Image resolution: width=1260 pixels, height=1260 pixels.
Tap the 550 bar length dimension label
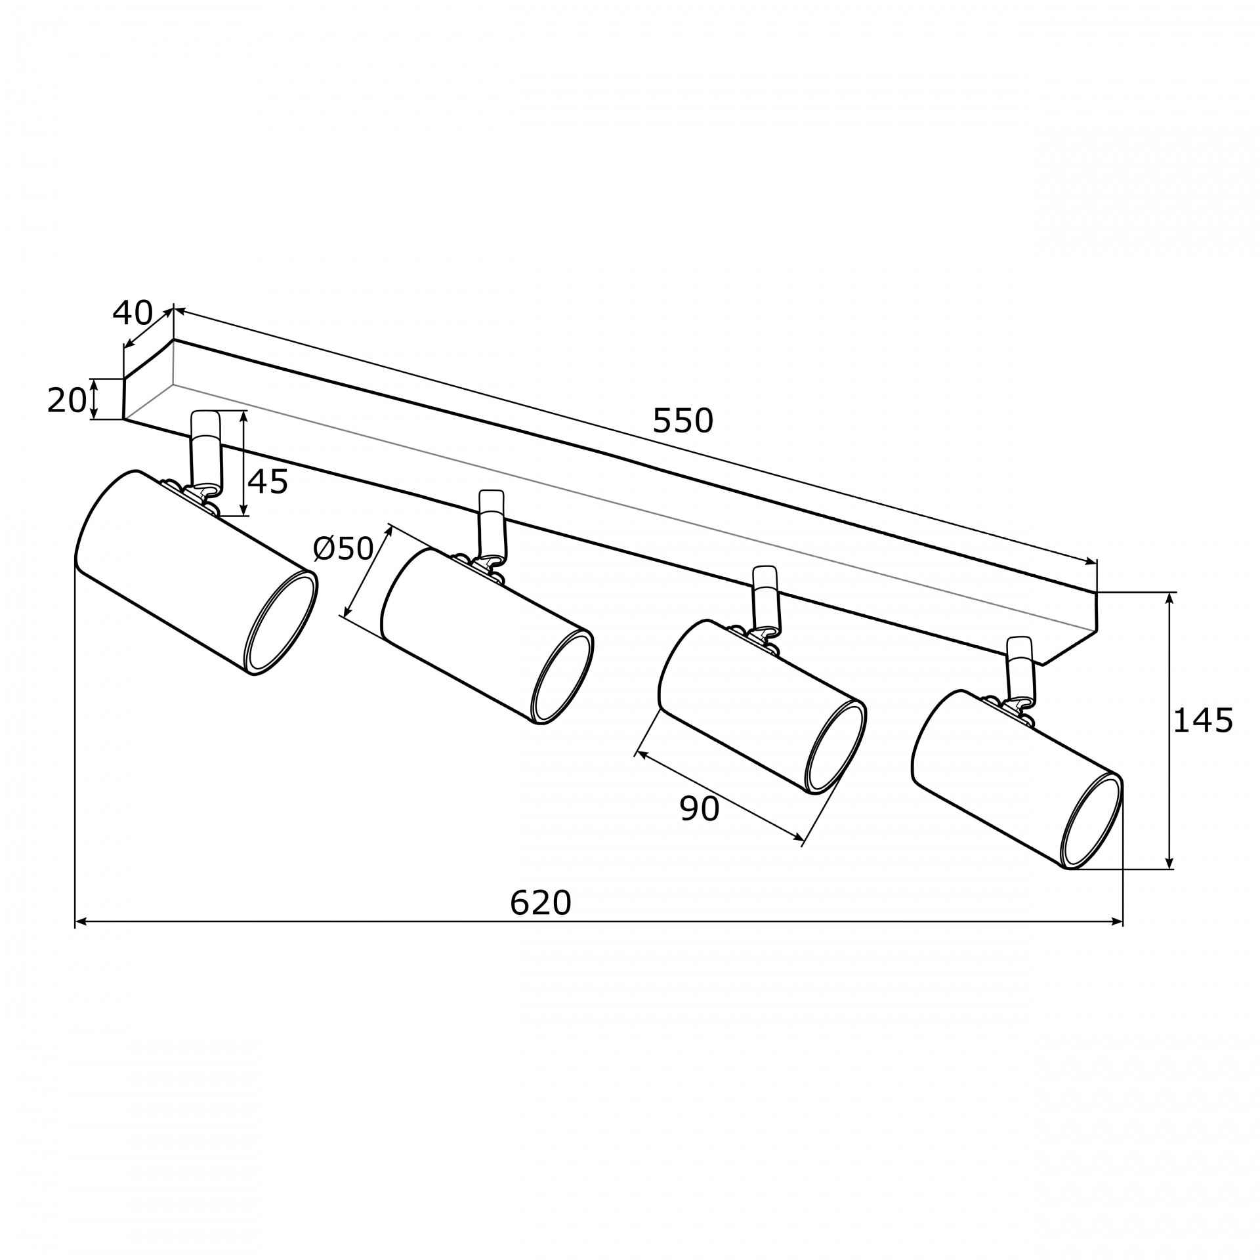(682, 421)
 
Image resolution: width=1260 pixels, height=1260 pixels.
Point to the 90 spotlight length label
(700, 809)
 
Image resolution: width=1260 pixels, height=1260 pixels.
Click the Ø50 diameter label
(343, 549)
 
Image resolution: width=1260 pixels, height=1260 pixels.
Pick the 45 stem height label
(268, 482)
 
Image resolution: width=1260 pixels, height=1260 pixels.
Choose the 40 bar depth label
(133, 314)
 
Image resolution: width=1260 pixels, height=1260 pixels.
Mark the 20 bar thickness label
(67, 400)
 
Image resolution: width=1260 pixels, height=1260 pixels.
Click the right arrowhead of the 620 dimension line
(1117, 921)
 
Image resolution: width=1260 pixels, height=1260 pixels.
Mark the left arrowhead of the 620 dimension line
(82, 921)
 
